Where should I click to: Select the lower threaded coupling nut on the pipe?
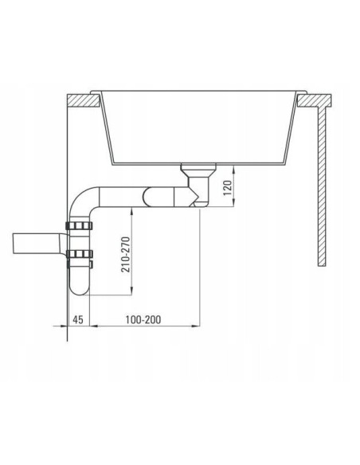pos(80,256)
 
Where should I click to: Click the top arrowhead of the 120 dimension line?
pos(234,169)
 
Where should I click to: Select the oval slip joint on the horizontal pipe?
pos(152,196)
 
